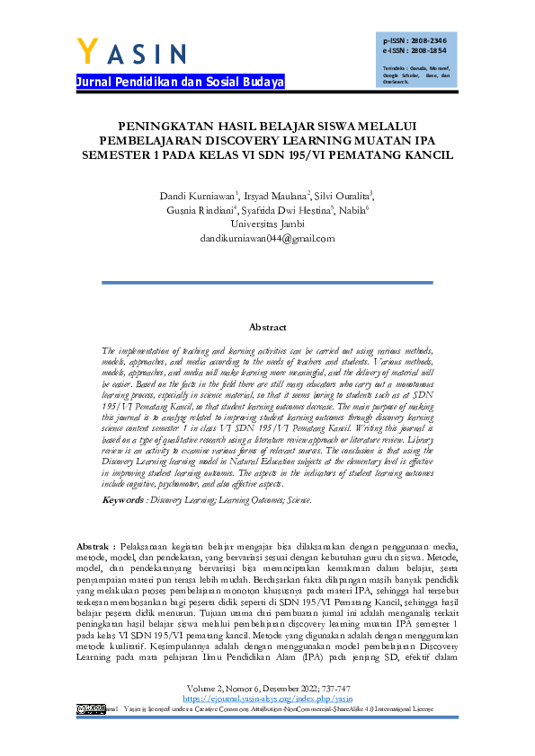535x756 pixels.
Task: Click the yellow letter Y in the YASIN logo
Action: [x=88, y=52]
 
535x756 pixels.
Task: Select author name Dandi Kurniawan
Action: [x=198, y=195]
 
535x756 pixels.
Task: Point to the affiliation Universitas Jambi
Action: [x=267, y=224]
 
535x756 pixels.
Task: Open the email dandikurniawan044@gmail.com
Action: [x=267, y=238]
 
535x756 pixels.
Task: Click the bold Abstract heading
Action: [x=267, y=329]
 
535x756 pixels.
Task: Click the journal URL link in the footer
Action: [x=267, y=697]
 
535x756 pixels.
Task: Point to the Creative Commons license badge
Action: [x=90, y=708]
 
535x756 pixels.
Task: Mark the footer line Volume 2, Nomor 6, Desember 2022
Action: [x=267, y=687]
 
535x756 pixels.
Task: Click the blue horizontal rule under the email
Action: [x=267, y=283]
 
